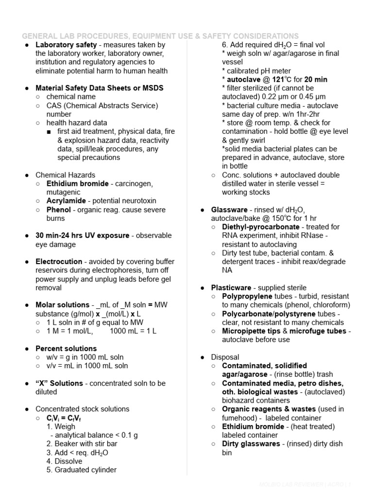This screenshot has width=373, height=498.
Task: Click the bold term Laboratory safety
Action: pos(66,45)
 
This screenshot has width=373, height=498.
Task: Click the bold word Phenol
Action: pos(58,210)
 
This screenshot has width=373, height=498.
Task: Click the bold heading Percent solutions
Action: pos(66,348)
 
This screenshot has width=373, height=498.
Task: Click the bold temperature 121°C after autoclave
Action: pos(279,79)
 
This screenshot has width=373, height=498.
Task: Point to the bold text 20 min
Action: pos(316,79)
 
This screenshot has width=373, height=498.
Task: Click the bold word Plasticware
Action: pos(231,287)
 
